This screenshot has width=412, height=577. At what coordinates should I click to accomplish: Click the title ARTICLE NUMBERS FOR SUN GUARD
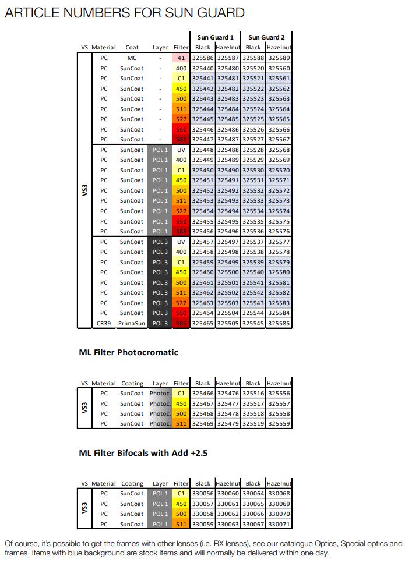tap(124, 13)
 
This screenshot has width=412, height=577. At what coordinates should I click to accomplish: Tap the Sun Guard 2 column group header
tap(266, 37)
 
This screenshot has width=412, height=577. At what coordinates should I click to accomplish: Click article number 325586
tap(203, 58)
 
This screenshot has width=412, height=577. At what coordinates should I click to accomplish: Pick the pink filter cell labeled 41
tap(181, 58)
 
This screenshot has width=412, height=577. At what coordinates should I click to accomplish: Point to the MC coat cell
tap(132, 58)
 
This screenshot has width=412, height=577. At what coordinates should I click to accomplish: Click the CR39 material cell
tap(103, 323)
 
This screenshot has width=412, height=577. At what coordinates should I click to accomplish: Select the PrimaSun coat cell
tap(132, 323)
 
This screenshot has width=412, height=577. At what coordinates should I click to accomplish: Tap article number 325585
tap(279, 323)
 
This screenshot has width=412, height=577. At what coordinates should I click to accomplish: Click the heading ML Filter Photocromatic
tap(128, 352)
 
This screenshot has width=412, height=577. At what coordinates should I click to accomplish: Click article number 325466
tap(203, 394)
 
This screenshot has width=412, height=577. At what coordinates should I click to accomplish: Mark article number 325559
tap(279, 424)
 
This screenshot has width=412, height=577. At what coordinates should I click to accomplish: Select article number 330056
tap(203, 494)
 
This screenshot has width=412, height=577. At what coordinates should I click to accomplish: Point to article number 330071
tap(279, 524)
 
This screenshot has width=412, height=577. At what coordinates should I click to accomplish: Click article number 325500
tap(228, 272)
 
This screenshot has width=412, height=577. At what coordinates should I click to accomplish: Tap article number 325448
tap(203, 150)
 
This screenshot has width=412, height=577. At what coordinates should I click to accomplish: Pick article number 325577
tap(279, 242)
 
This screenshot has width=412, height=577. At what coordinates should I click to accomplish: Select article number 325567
tap(279, 140)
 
